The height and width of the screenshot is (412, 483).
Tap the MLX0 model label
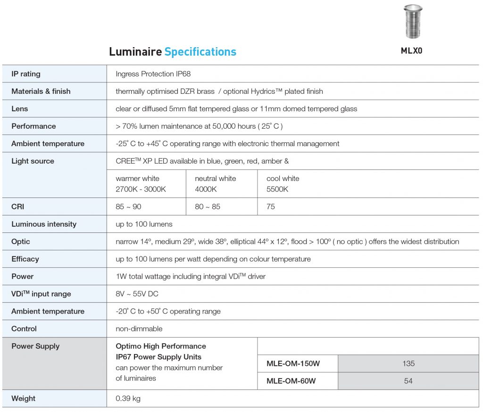(x=411, y=51)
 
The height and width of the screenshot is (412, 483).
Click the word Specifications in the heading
(x=200, y=51)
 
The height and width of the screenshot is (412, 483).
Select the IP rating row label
(x=26, y=74)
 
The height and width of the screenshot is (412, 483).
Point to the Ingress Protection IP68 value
(x=153, y=74)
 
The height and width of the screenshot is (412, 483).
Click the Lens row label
(x=20, y=109)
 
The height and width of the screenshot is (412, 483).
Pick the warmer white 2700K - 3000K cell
(x=141, y=184)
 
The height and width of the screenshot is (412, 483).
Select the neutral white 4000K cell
(x=216, y=184)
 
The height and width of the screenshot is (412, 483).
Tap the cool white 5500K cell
(x=283, y=184)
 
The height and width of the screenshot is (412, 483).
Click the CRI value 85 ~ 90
(x=128, y=206)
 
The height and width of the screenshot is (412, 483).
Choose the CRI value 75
(x=271, y=206)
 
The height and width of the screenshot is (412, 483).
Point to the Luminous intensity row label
(x=44, y=224)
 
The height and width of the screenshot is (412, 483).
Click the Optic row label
(x=21, y=242)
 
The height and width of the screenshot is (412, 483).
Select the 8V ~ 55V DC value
(x=137, y=294)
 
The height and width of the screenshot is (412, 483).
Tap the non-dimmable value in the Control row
(x=139, y=329)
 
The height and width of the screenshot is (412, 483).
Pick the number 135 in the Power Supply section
(x=408, y=363)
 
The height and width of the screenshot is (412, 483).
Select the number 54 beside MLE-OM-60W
(x=408, y=381)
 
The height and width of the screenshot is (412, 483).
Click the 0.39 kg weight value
(x=128, y=399)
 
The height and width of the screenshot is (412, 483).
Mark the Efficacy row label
(x=25, y=259)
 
